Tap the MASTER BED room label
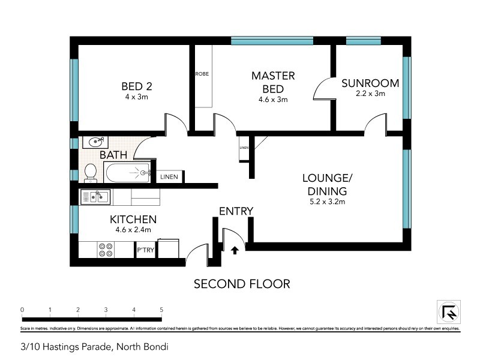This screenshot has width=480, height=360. tap(273, 82)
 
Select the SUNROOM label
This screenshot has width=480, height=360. tap(371, 83)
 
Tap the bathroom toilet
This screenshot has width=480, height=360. tap(91, 173)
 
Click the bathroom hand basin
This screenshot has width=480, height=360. tap(95, 142)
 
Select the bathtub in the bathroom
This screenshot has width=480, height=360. tap(128, 173)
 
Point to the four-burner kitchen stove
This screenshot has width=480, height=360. tap(106, 249)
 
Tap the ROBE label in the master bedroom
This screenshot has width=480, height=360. tap(202, 74)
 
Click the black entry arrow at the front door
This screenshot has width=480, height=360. tap(235, 248)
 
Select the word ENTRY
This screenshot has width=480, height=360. tap(236, 211)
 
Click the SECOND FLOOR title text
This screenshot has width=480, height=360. tap(242, 284)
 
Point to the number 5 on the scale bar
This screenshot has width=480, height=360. tap(161, 310)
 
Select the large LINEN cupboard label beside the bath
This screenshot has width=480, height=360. tap(168, 177)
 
